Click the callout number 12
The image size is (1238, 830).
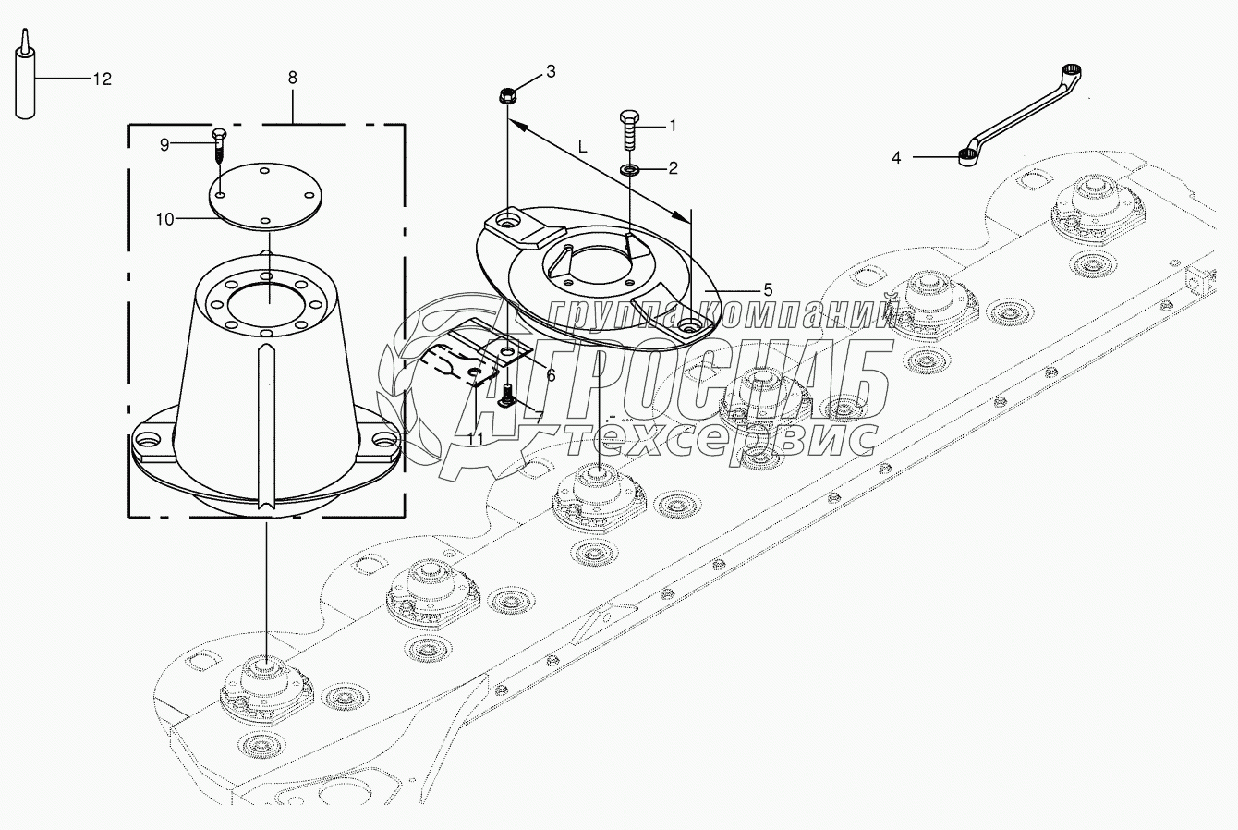103,79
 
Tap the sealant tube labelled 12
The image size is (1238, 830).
25,75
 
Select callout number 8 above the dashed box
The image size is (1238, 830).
292,78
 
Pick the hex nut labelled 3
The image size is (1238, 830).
507,96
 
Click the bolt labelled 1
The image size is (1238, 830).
629,129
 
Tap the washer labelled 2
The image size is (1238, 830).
628,168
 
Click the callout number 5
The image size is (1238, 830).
768,289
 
